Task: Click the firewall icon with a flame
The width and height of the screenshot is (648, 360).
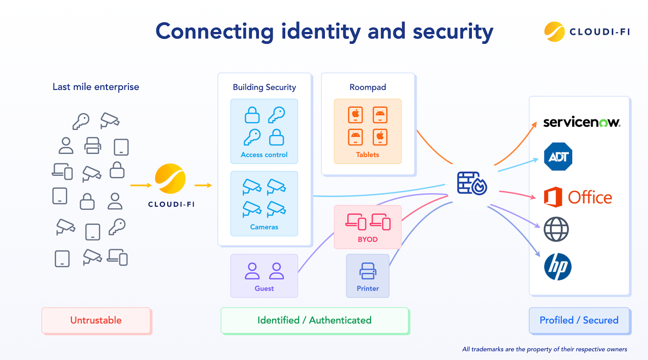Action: tap(472, 183)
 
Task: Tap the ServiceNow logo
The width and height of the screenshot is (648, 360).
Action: tap(582, 122)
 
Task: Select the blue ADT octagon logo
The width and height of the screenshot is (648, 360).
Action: tap(558, 157)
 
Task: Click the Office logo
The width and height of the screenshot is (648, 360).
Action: tap(578, 197)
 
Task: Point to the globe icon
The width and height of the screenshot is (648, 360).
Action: tap(556, 229)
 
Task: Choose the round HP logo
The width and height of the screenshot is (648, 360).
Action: tap(558, 267)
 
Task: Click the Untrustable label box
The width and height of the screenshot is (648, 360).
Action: tap(96, 320)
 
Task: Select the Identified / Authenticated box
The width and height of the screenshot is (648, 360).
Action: tap(314, 320)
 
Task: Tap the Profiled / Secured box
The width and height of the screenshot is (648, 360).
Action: tap(579, 320)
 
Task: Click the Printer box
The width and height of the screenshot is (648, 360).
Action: tap(368, 276)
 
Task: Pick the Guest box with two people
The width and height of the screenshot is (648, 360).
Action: tap(264, 276)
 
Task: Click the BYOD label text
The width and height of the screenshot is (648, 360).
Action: tap(368, 239)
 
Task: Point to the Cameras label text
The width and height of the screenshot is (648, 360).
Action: tap(264, 227)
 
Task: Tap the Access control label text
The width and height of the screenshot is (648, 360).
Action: tap(264, 155)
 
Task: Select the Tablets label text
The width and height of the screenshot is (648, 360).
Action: tap(368, 155)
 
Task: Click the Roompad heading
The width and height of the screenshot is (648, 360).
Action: tap(368, 87)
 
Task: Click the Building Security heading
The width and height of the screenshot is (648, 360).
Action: tap(264, 87)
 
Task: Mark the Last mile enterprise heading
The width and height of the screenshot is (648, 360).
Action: tap(96, 87)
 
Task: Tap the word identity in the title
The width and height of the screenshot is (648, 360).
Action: tap(321, 32)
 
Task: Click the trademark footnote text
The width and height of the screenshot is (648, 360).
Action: tap(544, 349)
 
